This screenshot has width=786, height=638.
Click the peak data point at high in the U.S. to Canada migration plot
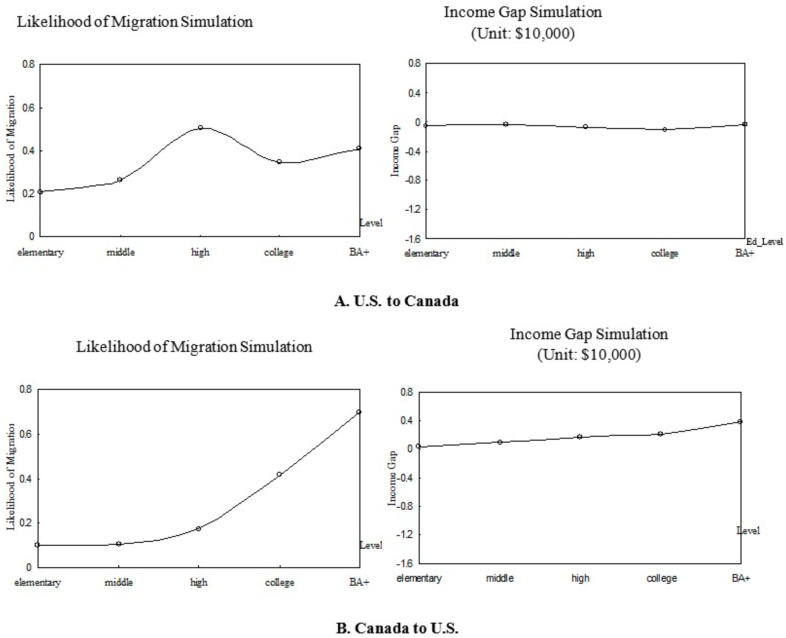(x=200, y=127)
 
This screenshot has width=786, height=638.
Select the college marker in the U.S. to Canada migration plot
(x=279, y=162)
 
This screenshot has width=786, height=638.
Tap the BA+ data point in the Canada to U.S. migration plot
(x=359, y=412)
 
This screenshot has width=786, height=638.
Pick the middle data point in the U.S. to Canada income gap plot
(x=506, y=124)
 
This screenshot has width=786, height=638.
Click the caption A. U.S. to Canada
(x=396, y=301)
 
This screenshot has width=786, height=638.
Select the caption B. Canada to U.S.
(x=397, y=628)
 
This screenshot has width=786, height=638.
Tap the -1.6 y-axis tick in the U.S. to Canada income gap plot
(x=413, y=239)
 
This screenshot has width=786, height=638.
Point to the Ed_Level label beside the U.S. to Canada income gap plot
(x=764, y=242)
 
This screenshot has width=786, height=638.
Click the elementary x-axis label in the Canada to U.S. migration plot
(x=38, y=583)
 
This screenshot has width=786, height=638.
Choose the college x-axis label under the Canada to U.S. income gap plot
(x=662, y=578)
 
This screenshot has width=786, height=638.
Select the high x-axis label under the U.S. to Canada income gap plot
(x=585, y=253)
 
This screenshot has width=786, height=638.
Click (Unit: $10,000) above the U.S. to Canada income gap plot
(x=523, y=33)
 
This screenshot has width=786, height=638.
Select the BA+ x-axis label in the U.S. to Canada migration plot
(x=359, y=252)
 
